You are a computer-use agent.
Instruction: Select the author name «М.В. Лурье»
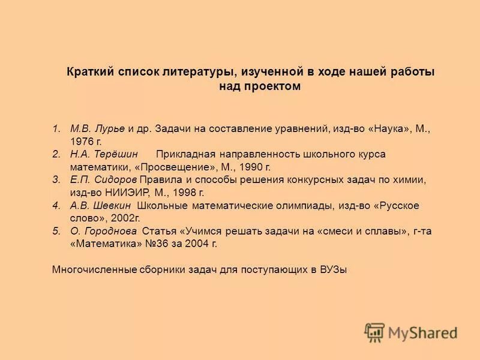pos(97,128)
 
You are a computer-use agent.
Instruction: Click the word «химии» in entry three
pos(409,180)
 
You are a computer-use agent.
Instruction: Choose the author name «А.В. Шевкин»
pos(99,206)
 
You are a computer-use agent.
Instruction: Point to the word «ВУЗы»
pos(333,269)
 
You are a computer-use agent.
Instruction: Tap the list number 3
pos(56,180)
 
